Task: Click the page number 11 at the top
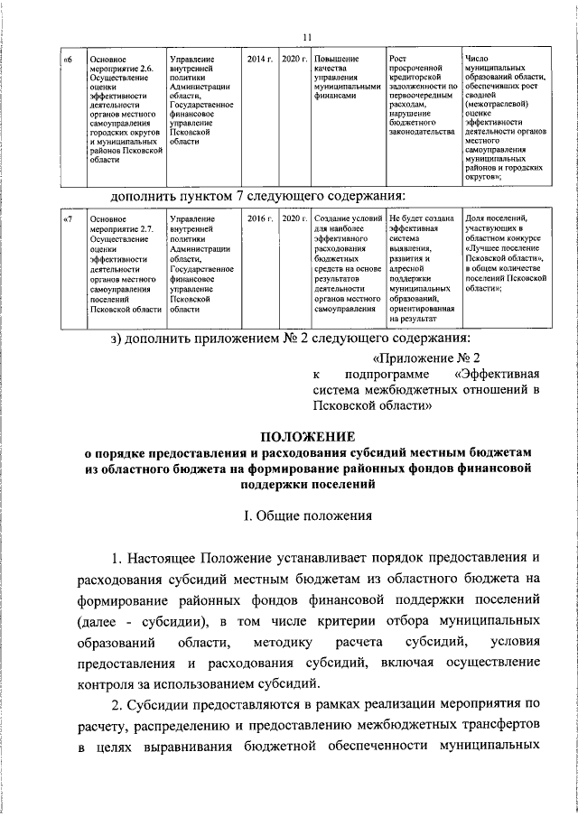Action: pyautogui.click(x=306, y=36)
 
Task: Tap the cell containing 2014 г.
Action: pyautogui.click(x=259, y=59)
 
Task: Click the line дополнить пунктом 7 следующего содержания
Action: pyautogui.click(x=256, y=195)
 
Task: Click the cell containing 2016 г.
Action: pyautogui.click(x=259, y=218)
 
